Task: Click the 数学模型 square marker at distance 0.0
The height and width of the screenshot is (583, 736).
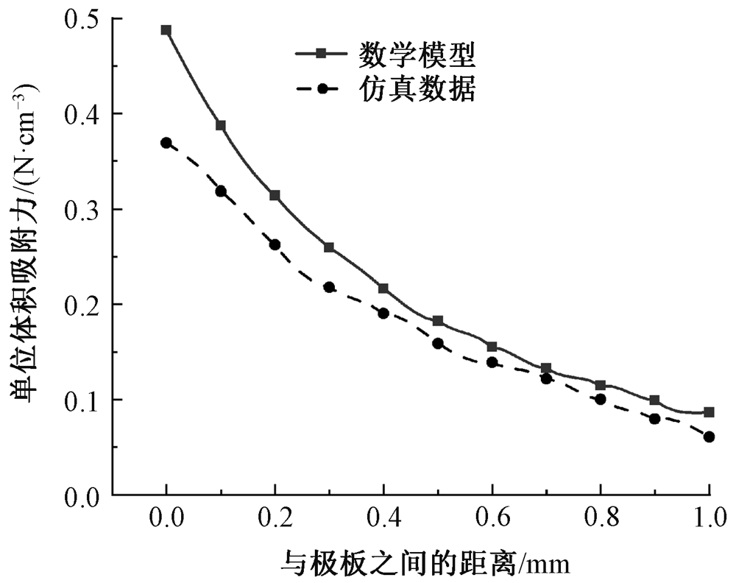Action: [166, 30]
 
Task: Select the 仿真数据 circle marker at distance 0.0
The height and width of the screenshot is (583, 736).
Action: [166, 143]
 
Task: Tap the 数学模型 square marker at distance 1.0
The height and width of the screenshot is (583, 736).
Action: [709, 412]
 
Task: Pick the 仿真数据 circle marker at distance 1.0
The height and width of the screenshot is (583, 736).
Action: [709, 437]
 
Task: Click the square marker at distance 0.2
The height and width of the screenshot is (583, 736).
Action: [275, 195]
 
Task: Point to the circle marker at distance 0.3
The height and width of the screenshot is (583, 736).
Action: [329, 287]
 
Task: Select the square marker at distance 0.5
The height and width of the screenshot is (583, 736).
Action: [438, 321]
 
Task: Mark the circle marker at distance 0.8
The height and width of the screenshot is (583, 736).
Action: [601, 399]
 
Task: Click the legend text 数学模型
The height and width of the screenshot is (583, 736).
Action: [417, 54]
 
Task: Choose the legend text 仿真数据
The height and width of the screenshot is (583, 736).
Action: [417, 89]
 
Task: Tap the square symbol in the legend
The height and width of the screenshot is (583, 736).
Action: [320, 54]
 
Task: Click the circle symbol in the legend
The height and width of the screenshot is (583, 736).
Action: [320, 89]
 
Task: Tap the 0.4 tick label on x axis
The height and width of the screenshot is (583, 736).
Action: [383, 519]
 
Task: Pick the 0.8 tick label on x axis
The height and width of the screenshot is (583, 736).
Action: [600, 519]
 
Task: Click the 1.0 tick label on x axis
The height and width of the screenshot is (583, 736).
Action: [709, 519]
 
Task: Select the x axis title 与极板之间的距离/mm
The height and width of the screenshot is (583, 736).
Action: [426, 564]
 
